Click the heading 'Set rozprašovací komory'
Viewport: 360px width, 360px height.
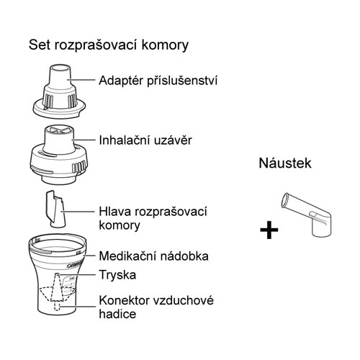tap(109, 45)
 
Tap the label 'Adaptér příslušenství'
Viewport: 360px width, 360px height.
tap(158, 81)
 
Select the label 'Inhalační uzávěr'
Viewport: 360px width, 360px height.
tap(145, 140)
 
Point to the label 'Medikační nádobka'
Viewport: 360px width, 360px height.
tap(153, 256)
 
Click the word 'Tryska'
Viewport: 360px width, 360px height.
tap(117, 275)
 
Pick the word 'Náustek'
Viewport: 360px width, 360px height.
tap(285, 163)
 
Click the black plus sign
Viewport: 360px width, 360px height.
tap(269, 230)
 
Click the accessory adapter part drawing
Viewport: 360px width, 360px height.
tap(59, 91)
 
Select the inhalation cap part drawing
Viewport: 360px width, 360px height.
tap(59, 155)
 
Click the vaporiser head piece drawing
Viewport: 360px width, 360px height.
tap(55, 210)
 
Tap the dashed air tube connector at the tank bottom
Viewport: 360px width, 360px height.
tap(57, 306)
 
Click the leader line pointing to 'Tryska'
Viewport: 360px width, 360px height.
tap(78, 274)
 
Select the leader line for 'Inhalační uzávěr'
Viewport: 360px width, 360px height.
tap(84, 140)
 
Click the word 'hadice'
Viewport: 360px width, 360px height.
tap(117, 314)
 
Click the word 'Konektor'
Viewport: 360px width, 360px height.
tap(125, 300)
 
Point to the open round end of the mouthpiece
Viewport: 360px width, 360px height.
tap(285, 200)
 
